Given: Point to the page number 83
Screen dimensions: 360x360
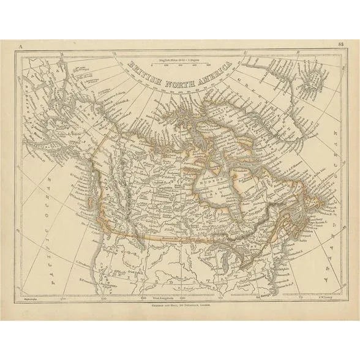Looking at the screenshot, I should [x=340, y=44].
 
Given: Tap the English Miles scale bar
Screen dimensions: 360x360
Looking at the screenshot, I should [x=182, y=62].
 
